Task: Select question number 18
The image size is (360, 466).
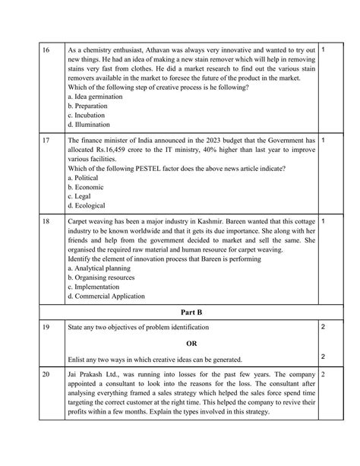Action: [24, 220]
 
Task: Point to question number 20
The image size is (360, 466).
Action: [24, 375]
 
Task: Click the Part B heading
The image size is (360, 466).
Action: [181, 312]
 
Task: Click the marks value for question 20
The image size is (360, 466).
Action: [324, 375]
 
